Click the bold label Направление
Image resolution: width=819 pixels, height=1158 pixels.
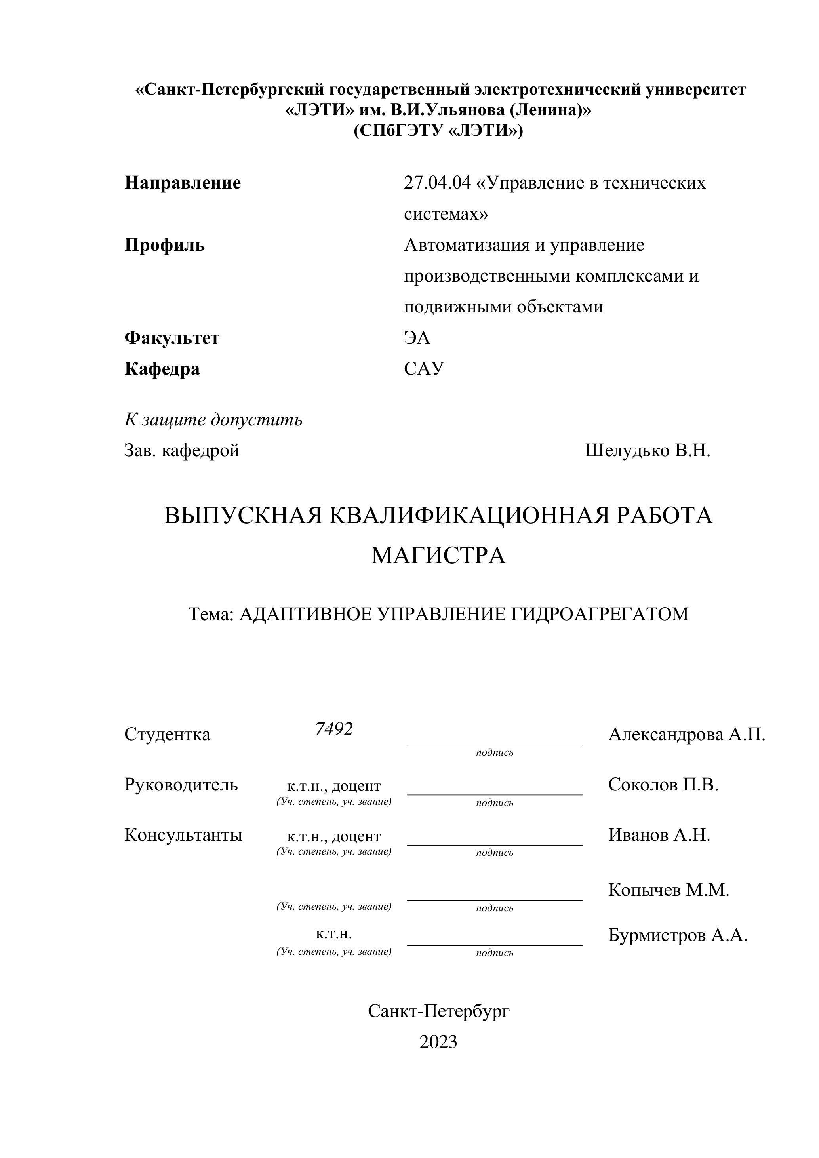pos(183,183)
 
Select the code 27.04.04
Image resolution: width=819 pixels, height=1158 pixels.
pos(437,183)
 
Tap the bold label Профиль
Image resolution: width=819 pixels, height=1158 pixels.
pos(164,245)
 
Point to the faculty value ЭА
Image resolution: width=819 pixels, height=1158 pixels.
pos(417,337)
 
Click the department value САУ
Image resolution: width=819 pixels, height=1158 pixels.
pos(424,369)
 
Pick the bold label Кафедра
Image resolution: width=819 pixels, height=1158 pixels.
pos(162,369)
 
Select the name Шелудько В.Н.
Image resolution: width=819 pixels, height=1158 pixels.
pos(647,450)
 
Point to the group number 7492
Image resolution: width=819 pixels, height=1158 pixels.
pos(333,729)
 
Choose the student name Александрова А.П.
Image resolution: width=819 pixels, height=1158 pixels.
pos(686,734)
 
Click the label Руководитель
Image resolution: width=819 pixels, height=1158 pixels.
pos(181,785)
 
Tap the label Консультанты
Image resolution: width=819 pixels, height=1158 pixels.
pos(183,835)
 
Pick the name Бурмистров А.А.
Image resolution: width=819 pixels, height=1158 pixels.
pos(677,935)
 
